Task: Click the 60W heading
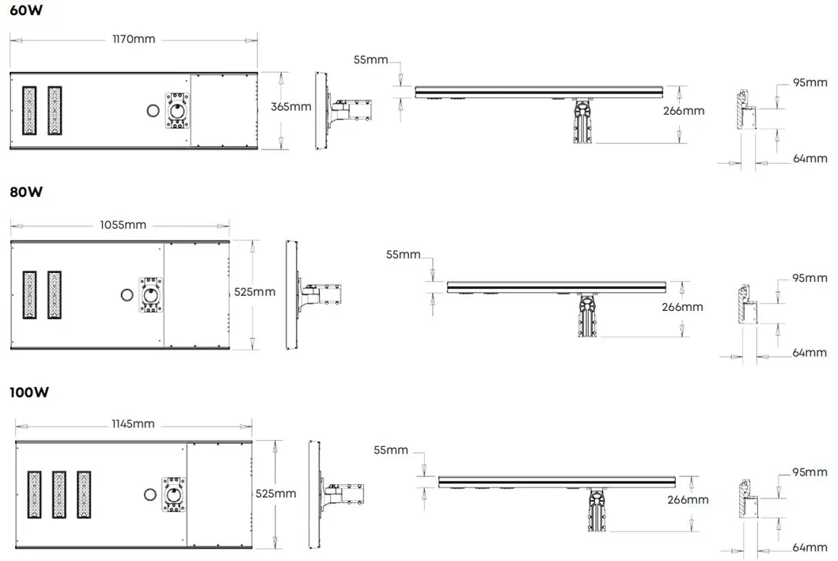pos(24,11)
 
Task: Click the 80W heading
pos(25,191)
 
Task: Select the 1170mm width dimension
pos(134,39)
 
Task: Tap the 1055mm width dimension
pos(123,225)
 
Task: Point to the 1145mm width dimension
pos(132,424)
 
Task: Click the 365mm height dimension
pos(290,107)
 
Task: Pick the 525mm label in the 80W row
pos(255,292)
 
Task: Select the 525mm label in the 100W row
pos(276,494)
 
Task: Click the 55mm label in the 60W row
pos(370,59)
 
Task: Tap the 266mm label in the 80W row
pos(682,307)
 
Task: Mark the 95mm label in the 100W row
pos(809,472)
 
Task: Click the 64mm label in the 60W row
pos(810,158)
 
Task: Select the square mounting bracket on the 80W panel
pos(150,294)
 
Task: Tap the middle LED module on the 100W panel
pos(59,495)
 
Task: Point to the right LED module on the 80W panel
pos(54,294)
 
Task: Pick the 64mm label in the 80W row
pos(810,352)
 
